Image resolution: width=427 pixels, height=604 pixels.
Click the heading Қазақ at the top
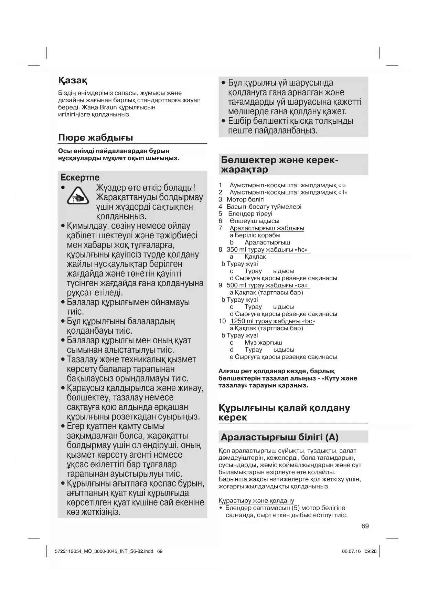pyautogui.click(x=73, y=81)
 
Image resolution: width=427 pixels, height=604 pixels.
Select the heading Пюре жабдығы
pyautogui.click(x=96, y=138)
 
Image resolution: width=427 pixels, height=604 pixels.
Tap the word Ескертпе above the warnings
pyautogui.click(x=80, y=178)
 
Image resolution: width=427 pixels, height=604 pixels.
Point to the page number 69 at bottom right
pyautogui.click(x=365, y=526)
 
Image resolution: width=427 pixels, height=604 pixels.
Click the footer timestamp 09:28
pyautogui.click(x=371, y=551)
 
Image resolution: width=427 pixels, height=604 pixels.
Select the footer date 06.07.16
pyautogui.click(x=351, y=551)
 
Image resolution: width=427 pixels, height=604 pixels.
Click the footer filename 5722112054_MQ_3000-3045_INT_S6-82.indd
pyautogui.click(x=104, y=551)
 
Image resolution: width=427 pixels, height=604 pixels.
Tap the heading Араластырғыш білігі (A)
pyautogui.click(x=279, y=437)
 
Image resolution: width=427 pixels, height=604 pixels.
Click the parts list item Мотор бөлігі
pyautogui.click(x=246, y=199)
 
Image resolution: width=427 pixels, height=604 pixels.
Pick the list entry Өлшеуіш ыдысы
pyautogui.click(x=254, y=221)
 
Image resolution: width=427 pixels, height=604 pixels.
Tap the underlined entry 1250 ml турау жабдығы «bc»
pyautogui.click(x=273, y=321)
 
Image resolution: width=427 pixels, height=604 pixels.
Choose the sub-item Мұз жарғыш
pyautogui.click(x=263, y=343)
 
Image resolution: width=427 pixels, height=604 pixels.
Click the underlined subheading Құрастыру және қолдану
pyautogui.click(x=256, y=501)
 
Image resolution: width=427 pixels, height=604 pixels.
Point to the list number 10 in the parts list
pyautogui.click(x=222, y=321)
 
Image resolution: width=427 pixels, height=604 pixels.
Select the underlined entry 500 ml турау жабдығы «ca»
pyautogui.click(x=268, y=285)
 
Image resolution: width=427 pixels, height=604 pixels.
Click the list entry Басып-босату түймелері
pyautogui.click(x=264, y=207)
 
